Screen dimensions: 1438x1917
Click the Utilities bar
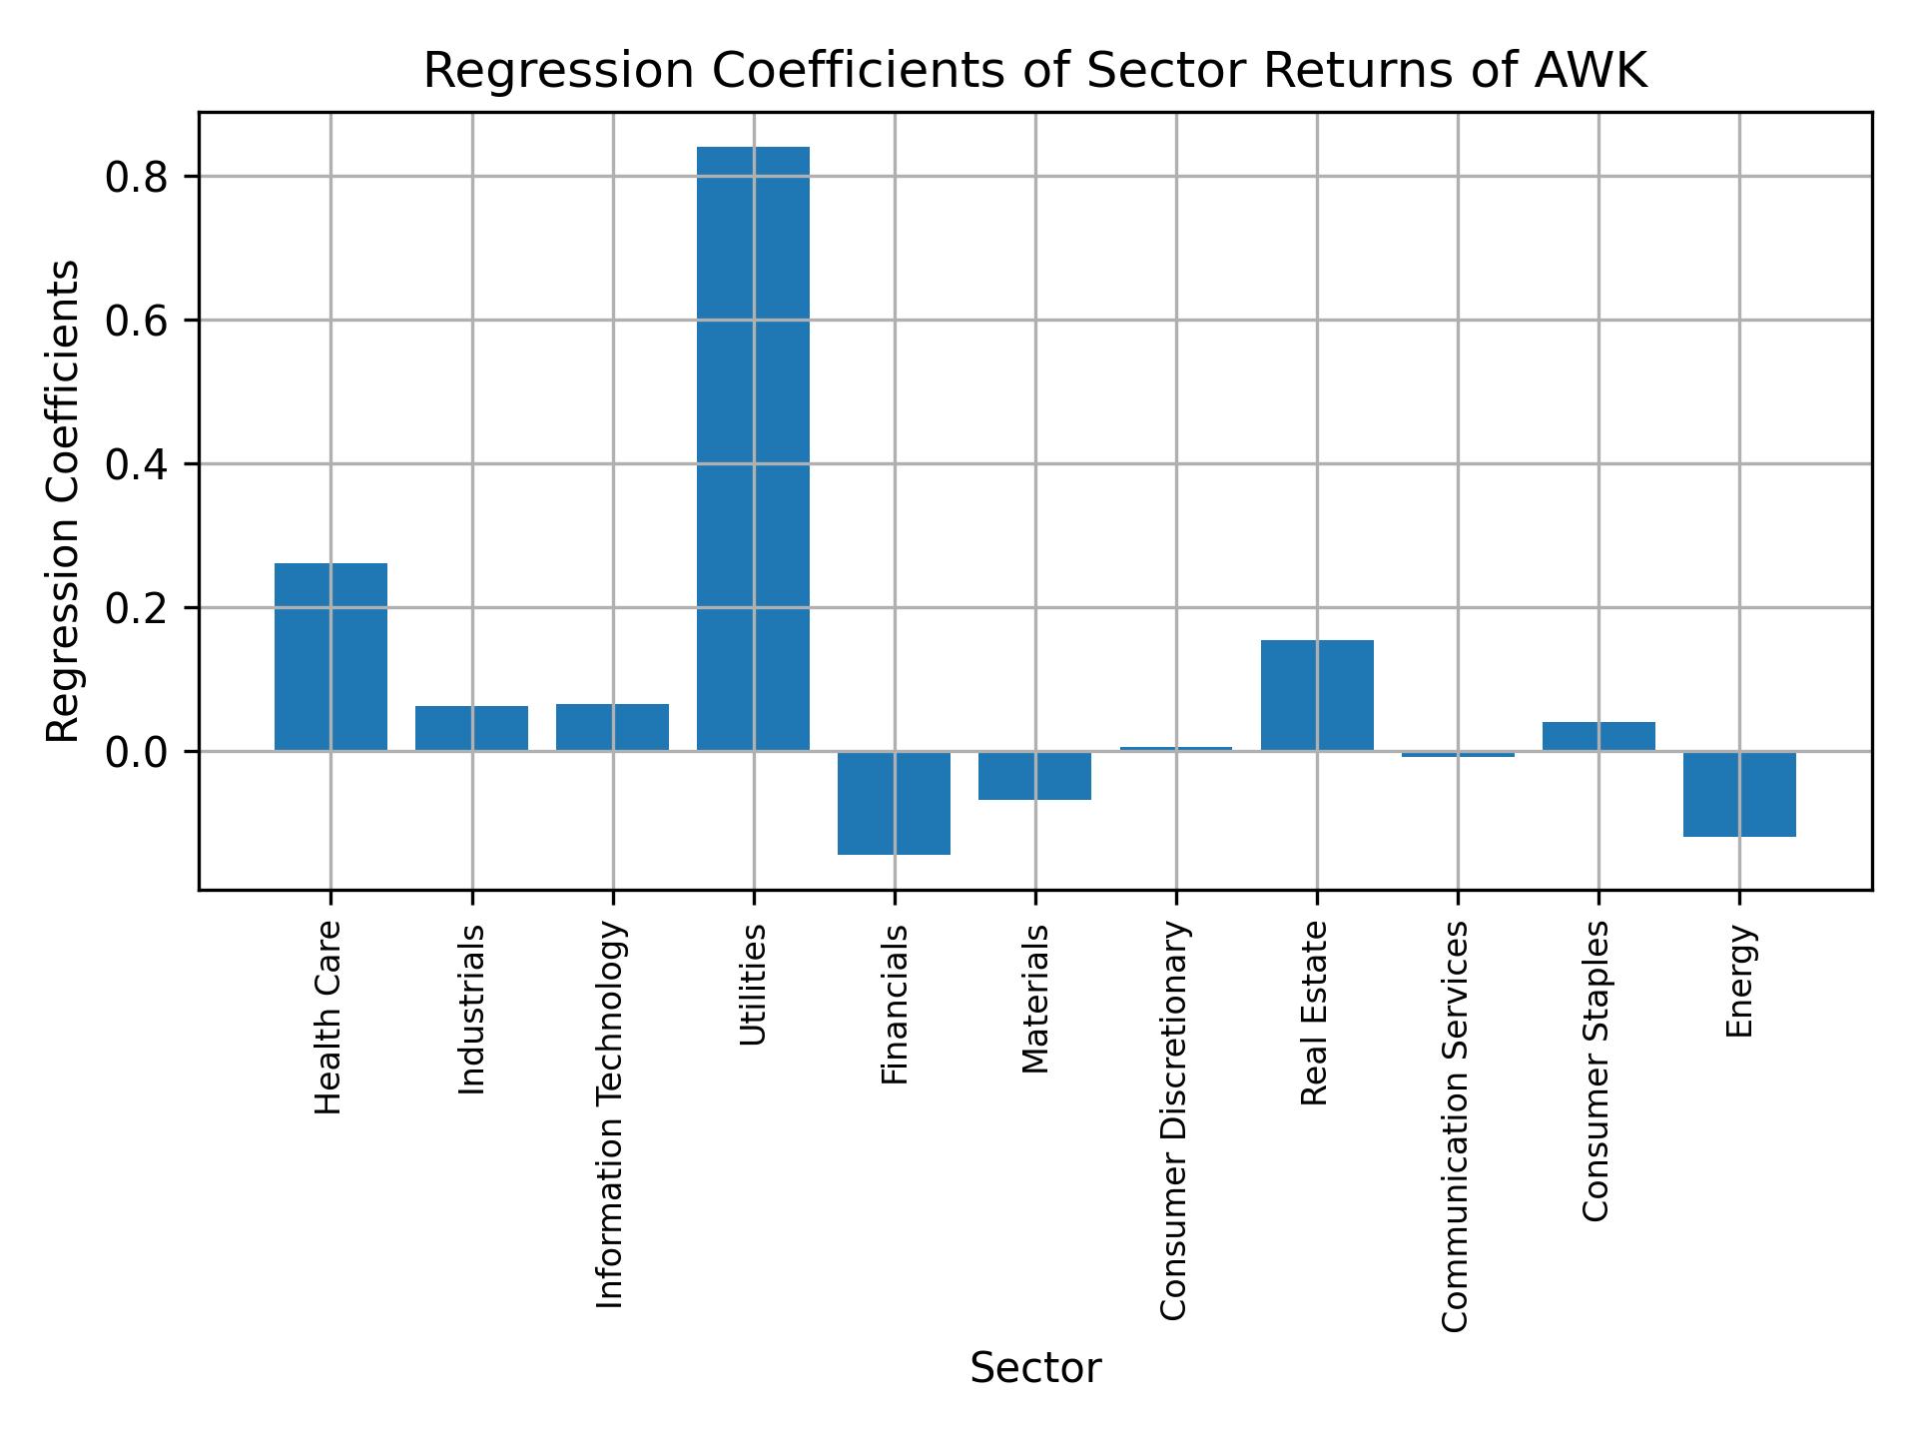coord(753,448)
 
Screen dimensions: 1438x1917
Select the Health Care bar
coord(330,656)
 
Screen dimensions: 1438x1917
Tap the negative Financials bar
coord(894,802)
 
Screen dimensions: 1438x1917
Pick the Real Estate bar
coord(1317,695)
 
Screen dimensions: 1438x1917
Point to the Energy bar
coord(1739,794)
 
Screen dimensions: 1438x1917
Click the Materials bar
coord(1034,775)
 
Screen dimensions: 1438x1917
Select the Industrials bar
coord(471,728)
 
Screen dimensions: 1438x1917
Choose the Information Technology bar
coord(612,727)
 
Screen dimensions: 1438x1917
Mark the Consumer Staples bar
coord(1598,736)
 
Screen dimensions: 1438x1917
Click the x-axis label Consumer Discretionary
coord(1175,1120)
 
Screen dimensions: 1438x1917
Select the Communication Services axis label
coord(1457,1125)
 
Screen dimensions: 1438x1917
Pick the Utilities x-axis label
coord(753,985)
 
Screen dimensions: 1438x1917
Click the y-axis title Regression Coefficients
coord(64,501)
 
